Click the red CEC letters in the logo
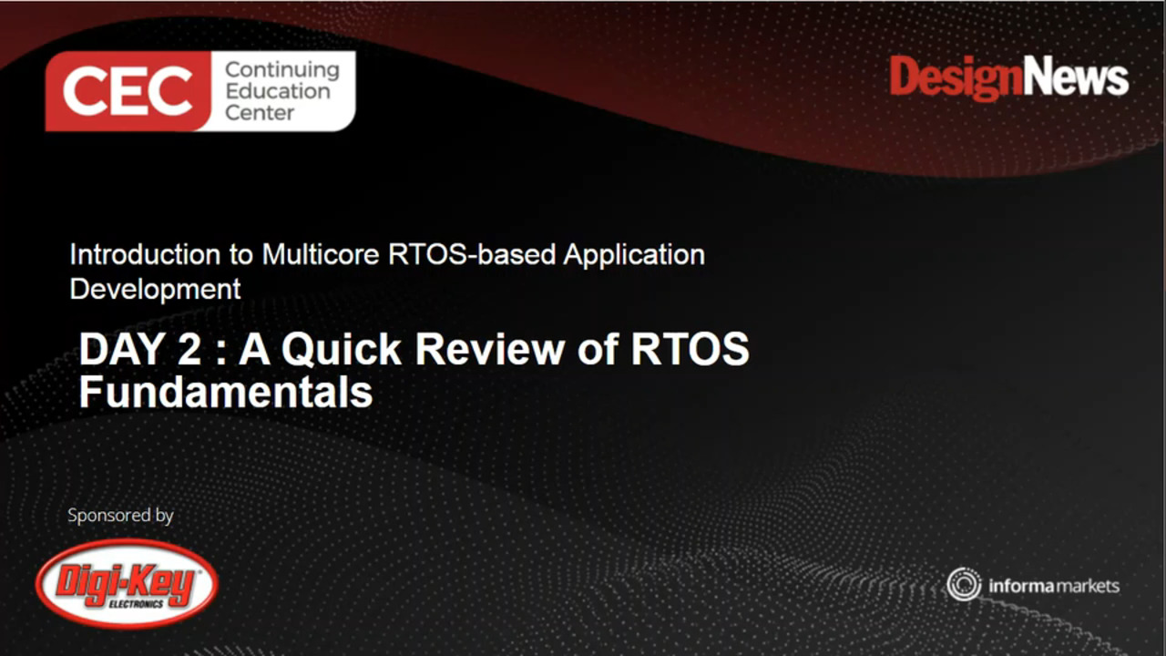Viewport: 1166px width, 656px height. pyautogui.click(x=128, y=91)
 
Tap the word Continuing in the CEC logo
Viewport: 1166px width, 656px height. pyautogui.click(x=281, y=69)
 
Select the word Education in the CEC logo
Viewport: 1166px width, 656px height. pyautogui.click(x=278, y=91)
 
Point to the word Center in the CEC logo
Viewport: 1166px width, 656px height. pyautogui.click(x=260, y=113)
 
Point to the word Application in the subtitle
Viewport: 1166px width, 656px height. pyautogui.click(x=634, y=254)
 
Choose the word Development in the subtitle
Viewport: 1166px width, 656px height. pyautogui.click(x=155, y=289)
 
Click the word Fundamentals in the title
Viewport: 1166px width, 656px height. pyautogui.click(x=225, y=393)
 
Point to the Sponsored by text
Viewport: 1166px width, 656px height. pyautogui.click(x=120, y=516)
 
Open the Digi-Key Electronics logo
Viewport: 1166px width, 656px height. pyautogui.click(x=127, y=583)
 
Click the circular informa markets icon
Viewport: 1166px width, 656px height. pyautogui.click(x=963, y=585)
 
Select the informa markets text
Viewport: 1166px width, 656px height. pyautogui.click(x=1054, y=586)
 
